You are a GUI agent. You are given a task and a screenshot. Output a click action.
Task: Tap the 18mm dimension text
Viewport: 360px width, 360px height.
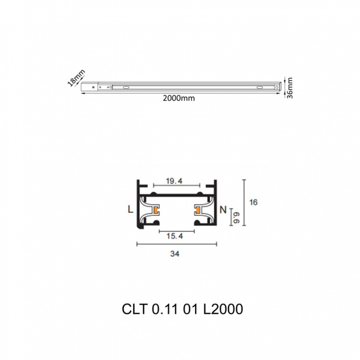tap(75, 79)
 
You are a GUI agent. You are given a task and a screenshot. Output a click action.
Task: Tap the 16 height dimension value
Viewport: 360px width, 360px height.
tap(254, 202)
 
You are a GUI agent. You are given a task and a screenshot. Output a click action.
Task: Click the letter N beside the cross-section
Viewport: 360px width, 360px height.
tap(223, 210)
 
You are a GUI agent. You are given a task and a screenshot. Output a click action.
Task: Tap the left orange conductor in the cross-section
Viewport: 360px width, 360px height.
tap(156, 211)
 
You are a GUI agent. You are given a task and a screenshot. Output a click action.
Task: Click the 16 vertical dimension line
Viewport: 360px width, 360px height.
tap(244, 201)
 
